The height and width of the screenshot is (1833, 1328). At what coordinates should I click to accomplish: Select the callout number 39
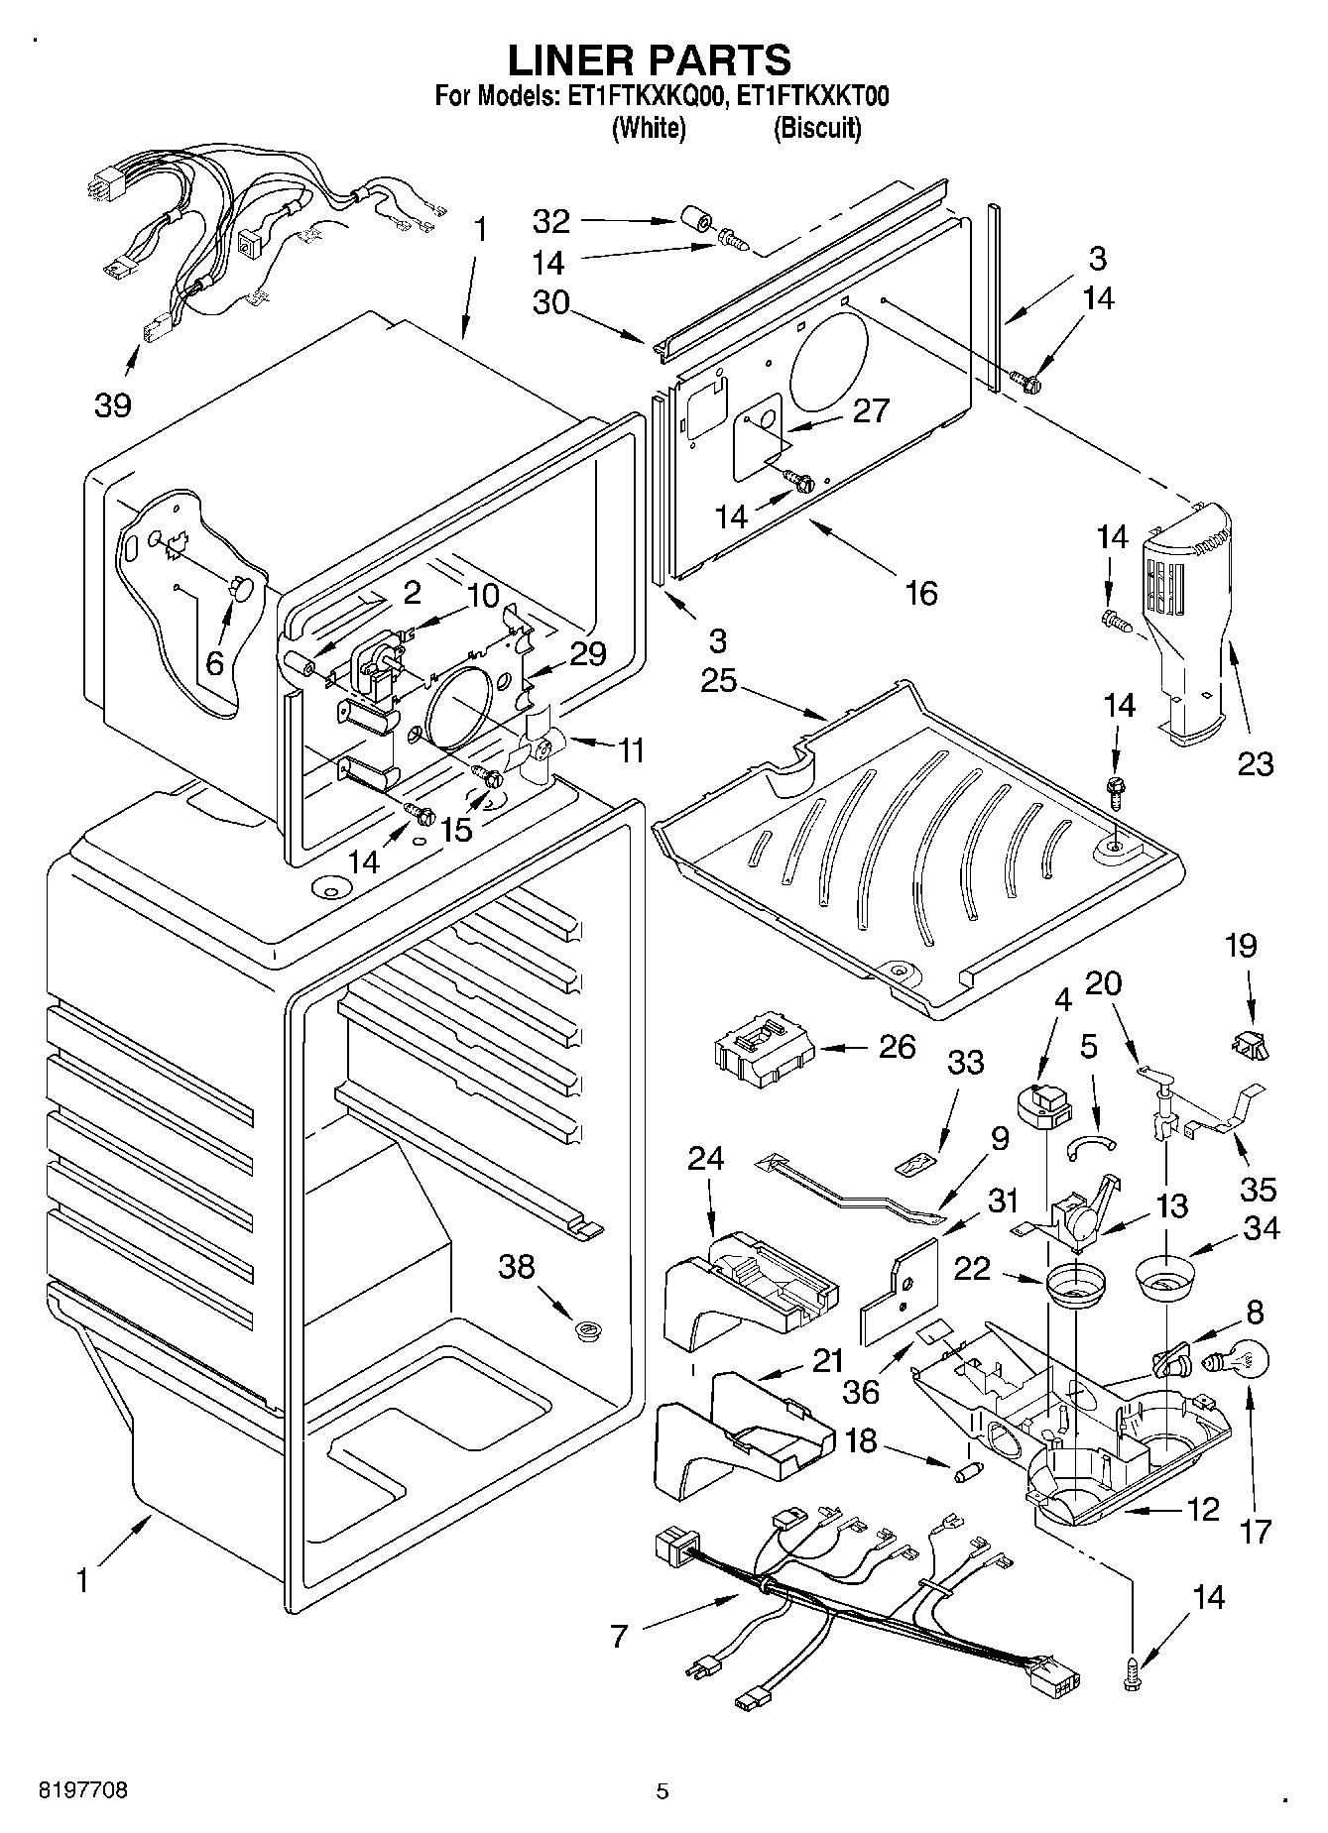112,404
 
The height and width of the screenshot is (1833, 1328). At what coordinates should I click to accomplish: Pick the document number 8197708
83,1790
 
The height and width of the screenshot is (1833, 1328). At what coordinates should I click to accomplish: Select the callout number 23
1254,763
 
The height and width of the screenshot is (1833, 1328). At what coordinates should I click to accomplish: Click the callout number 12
1201,1510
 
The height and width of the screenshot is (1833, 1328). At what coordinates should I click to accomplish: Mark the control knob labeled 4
1038,1105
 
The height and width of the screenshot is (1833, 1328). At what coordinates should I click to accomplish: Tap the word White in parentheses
649,128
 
